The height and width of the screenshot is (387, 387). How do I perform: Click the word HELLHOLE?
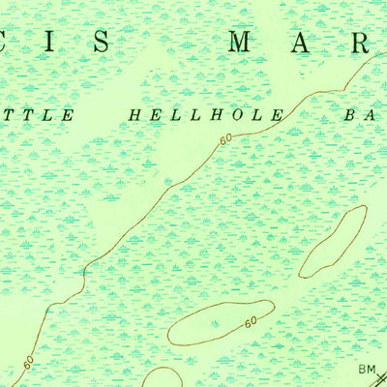(x=205, y=115)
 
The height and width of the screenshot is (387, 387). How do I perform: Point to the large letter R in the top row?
(x=360, y=42)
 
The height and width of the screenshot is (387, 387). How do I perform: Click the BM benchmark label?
(x=366, y=368)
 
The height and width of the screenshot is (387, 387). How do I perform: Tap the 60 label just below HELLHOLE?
(x=225, y=141)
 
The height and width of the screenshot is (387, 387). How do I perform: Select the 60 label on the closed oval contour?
(x=250, y=321)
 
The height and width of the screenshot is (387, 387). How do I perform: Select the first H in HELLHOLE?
(x=134, y=115)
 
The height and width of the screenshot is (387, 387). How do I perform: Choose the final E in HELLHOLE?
(x=278, y=115)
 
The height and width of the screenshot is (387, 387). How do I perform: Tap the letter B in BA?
(x=349, y=115)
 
